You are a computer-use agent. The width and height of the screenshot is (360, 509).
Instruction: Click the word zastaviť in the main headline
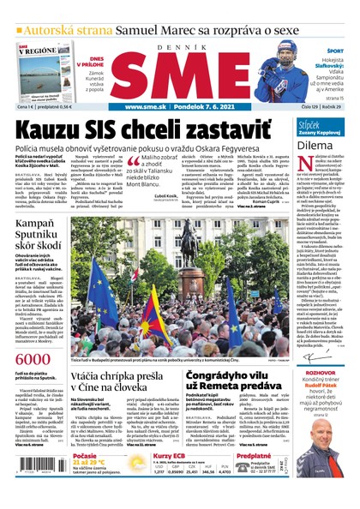point(217,129)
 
